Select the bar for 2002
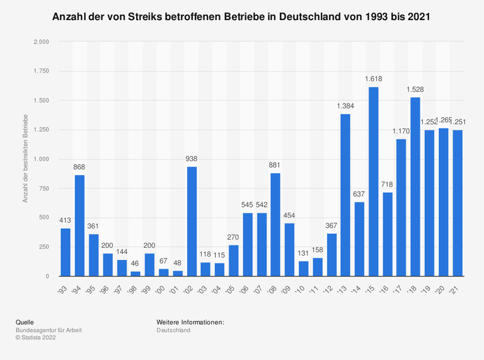click(192, 221)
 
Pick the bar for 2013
click(345, 195)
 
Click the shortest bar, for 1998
click(135, 274)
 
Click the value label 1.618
click(373, 79)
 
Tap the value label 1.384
click(345, 106)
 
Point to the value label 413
click(66, 220)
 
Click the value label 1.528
click(415, 90)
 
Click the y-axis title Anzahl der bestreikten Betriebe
click(25, 159)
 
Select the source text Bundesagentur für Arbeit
click(49, 330)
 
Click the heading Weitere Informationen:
click(190, 322)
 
